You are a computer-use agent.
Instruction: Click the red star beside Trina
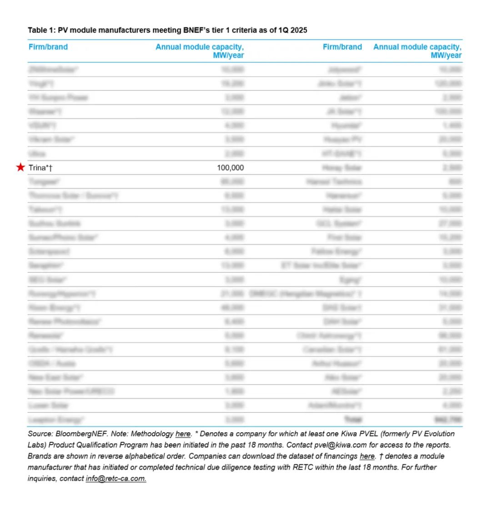tap(20, 168)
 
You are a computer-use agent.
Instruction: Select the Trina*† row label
tap(44, 168)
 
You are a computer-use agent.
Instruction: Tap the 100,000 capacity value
tap(230, 168)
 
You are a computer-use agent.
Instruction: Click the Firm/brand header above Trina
tap(48, 47)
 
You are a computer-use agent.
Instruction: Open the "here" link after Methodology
tap(183, 434)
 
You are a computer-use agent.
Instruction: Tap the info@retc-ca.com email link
tap(116, 478)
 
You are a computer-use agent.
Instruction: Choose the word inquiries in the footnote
tap(42, 478)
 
